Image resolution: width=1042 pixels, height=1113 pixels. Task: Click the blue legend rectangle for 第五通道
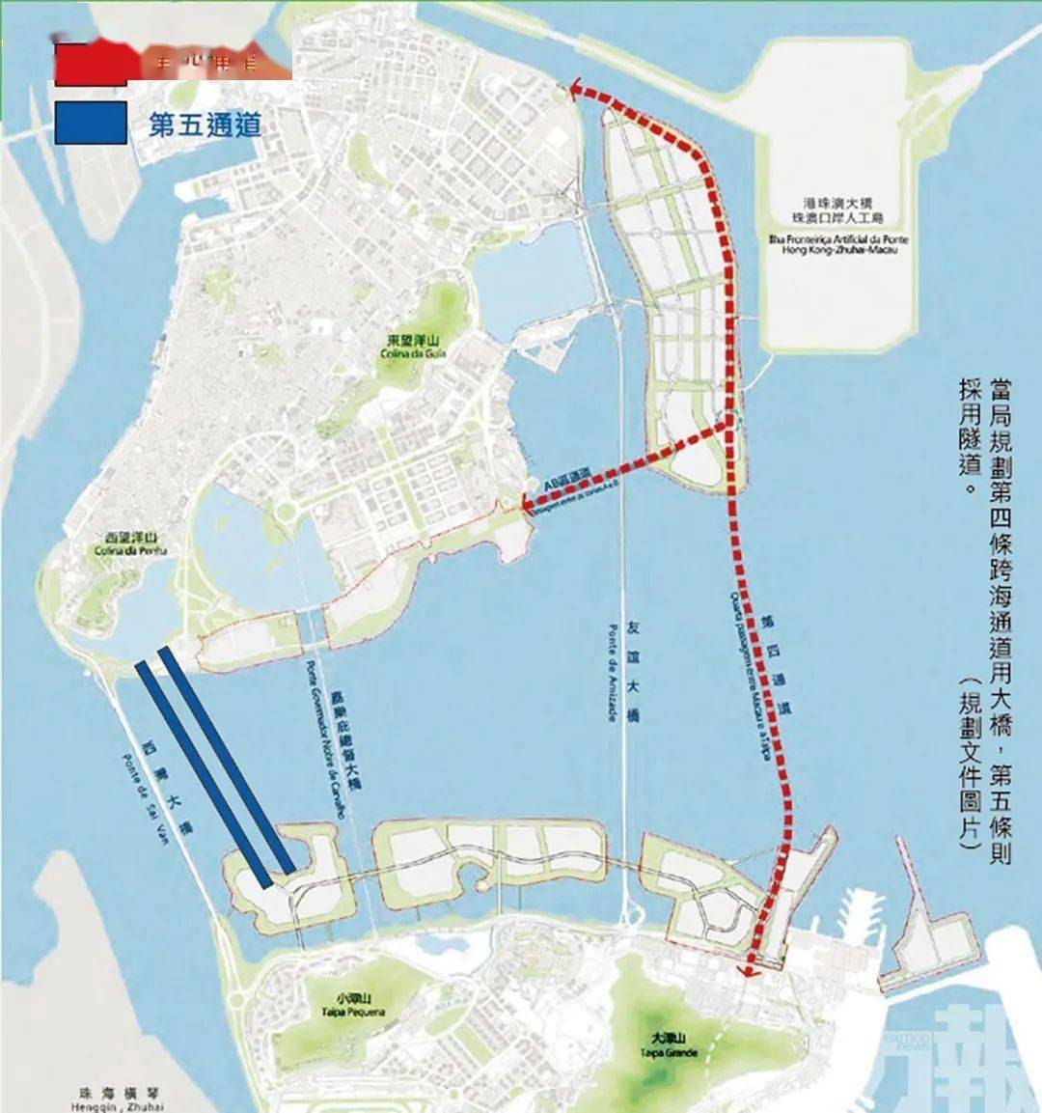point(91,123)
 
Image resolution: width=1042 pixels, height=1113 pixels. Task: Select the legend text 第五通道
point(205,124)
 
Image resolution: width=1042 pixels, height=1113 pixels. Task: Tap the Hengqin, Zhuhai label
point(117,1106)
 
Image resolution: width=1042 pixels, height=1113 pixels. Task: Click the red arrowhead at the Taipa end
point(749,968)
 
